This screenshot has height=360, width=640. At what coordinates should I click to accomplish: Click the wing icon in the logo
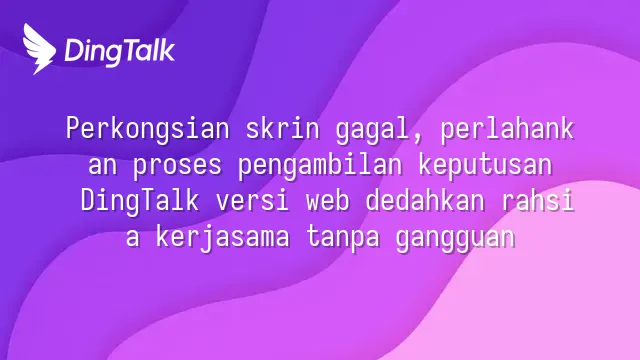pos(39,49)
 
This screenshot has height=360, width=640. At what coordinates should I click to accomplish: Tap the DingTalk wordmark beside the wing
pos(120,52)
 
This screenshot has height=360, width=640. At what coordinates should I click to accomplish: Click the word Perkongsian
pos(148,129)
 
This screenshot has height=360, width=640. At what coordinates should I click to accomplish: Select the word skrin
pos(282,128)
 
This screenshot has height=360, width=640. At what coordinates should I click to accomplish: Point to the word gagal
pos(374,131)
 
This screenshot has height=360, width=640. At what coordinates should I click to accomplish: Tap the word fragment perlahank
pos(507,130)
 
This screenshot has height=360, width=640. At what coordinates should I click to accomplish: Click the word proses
pos(177,167)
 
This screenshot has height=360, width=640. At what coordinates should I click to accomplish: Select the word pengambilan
pos(320,166)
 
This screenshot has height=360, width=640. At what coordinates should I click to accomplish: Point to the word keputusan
pos(485,166)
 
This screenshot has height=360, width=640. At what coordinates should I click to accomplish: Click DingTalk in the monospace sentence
pos(140,202)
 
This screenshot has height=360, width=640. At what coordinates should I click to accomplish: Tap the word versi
pos(253,201)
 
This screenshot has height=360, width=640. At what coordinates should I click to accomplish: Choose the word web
pos(327,200)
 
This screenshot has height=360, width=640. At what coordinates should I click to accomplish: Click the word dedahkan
pos(425,200)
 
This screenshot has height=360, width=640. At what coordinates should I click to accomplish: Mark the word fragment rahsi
pos(538,200)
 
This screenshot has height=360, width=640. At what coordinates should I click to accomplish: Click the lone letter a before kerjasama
pos(133,239)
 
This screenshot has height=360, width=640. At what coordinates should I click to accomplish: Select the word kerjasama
pos(222,238)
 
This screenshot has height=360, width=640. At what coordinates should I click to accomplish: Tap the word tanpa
pos(343,240)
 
